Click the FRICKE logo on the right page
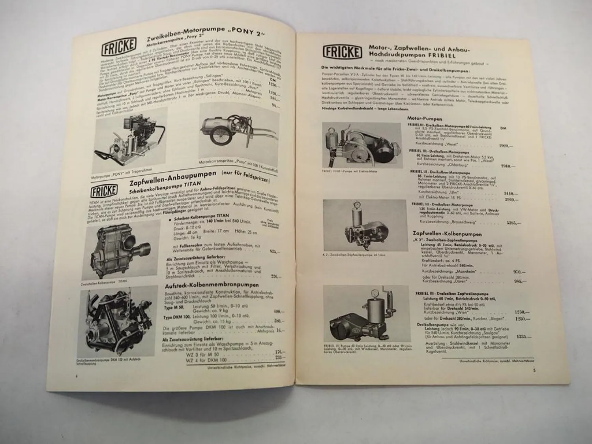click(342, 52)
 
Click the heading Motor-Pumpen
click(424, 118)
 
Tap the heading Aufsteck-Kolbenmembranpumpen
click(212, 285)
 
